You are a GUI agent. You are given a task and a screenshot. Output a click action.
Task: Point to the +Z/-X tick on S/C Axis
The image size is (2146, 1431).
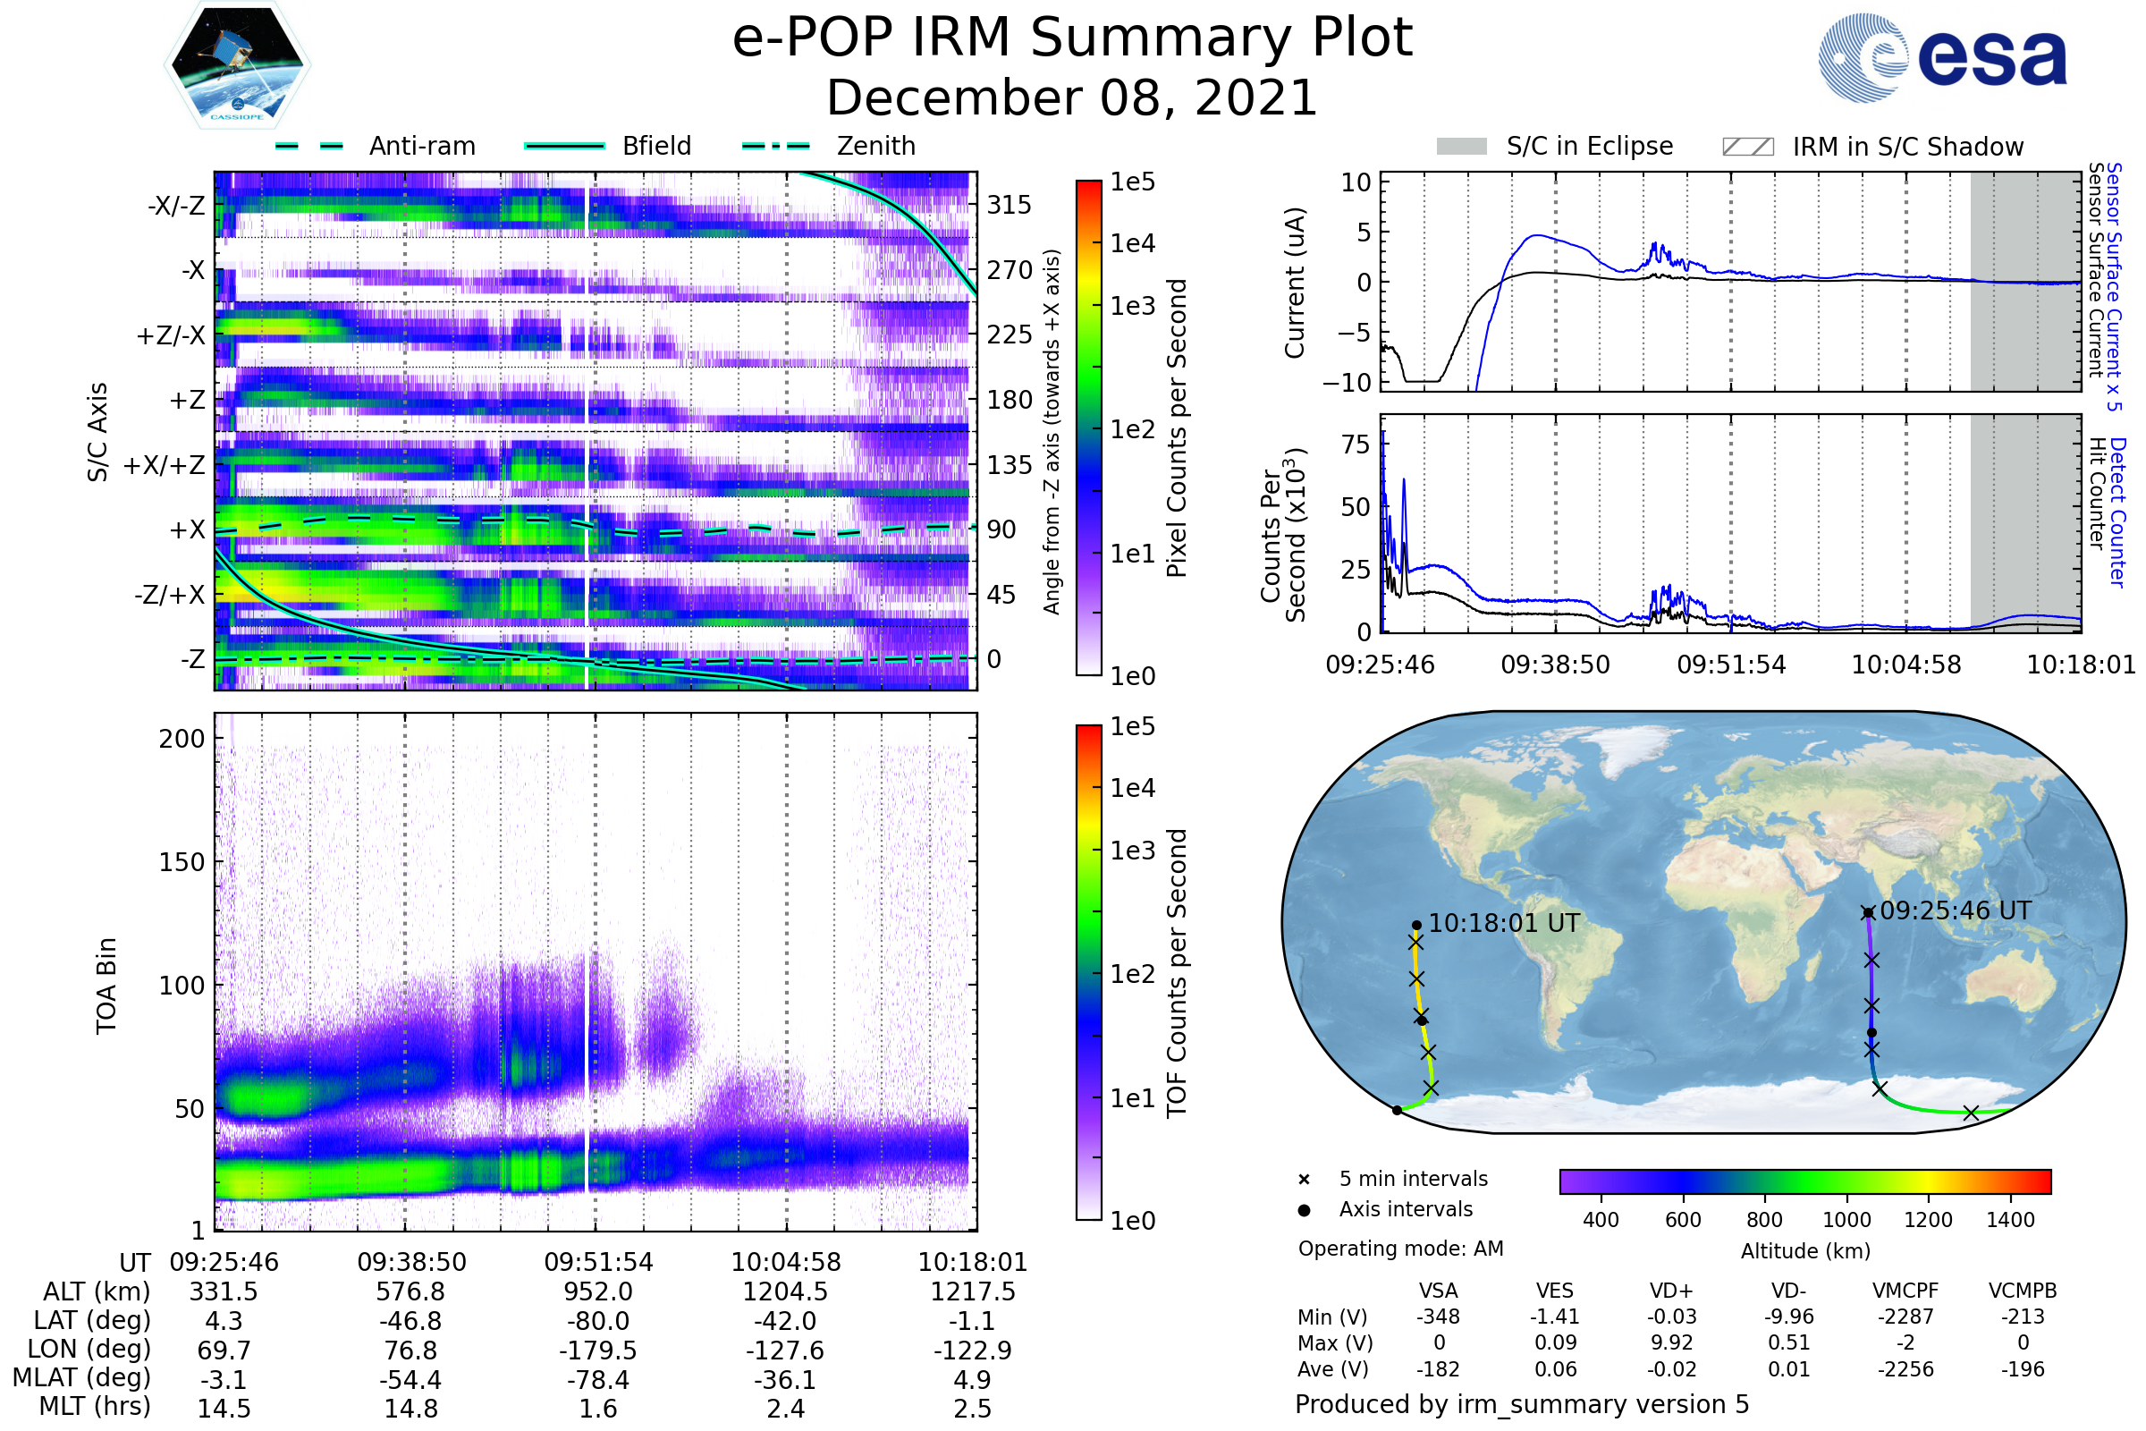[x=172, y=336]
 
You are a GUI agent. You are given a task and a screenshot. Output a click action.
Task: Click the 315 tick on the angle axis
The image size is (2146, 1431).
[x=1009, y=206]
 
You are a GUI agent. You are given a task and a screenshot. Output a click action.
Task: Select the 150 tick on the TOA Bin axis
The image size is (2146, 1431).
[x=182, y=862]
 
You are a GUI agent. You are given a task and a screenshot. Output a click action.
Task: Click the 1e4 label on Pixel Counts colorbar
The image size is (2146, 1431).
[x=1132, y=243]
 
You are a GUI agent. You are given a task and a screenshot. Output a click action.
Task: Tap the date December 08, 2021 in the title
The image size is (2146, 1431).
[x=1072, y=98]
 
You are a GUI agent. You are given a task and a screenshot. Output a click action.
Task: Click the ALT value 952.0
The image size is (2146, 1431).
[x=597, y=1291]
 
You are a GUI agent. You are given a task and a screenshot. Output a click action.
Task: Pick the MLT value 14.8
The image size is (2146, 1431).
[x=410, y=1408]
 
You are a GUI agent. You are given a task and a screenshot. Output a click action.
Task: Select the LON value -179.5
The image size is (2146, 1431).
[x=597, y=1350]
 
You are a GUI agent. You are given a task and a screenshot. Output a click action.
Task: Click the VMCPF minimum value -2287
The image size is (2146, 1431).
[x=1905, y=1317]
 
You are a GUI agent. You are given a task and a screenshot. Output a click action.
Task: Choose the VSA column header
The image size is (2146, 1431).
[x=1438, y=1291]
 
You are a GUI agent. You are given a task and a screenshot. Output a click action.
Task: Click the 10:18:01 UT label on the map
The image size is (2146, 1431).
[x=1504, y=923]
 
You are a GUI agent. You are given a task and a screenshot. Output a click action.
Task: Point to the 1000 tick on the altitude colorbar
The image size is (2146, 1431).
[x=1846, y=1220]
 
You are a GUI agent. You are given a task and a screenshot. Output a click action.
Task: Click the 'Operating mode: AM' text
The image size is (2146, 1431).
[x=1400, y=1249]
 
